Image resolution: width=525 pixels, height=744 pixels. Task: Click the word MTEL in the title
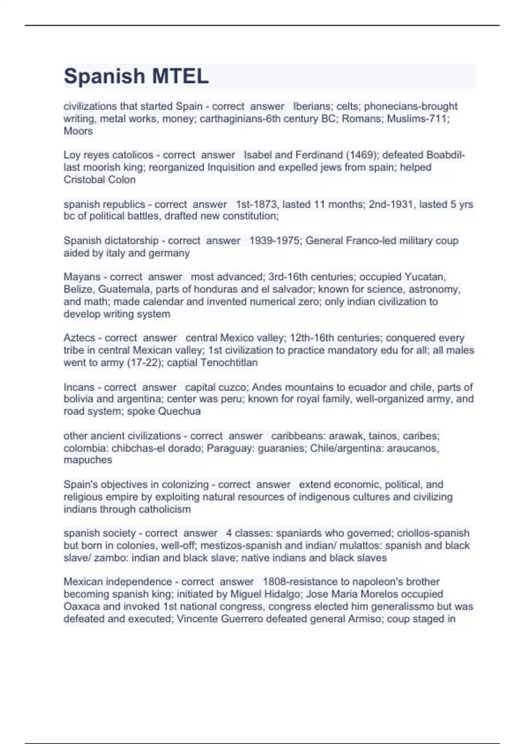coord(180,77)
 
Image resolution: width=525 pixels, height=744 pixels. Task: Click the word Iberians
coord(312,106)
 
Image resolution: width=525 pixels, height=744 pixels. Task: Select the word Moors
coord(78,131)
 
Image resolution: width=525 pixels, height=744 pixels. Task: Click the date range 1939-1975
coord(274,241)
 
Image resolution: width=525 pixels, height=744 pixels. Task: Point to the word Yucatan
coord(425,277)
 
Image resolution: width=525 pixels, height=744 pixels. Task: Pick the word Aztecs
coord(79,338)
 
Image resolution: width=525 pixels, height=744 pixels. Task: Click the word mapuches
coord(88,460)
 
